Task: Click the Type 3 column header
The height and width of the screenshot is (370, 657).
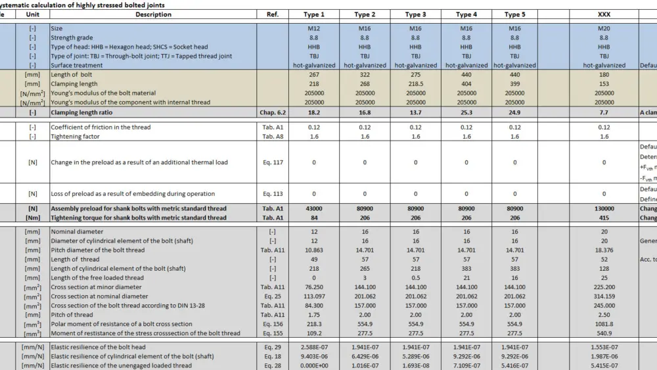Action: coord(415,14)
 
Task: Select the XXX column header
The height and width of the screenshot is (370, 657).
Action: coord(604,14)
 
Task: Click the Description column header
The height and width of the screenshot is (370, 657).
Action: coord(153,14)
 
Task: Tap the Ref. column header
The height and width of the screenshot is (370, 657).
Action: coord(273,14)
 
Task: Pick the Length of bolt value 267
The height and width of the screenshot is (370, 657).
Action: coord(314,75)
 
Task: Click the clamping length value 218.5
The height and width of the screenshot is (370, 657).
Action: coord(415,84)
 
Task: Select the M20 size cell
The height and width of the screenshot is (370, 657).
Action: coord(604,29)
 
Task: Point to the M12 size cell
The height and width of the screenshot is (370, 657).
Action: coord(314,29)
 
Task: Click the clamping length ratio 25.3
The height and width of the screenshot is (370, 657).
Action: coord(466,113)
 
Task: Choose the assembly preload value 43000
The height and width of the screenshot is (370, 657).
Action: coord(314,209)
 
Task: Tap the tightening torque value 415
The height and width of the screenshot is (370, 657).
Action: coord(604,218)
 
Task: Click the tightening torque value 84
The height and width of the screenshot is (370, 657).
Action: coord(314,218)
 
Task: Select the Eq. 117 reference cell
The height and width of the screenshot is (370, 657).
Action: coord(273,162)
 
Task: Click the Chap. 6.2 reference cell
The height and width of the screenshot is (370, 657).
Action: coord(273,113)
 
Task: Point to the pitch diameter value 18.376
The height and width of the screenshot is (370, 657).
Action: coord(604,250)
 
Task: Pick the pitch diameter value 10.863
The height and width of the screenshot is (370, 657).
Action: coord(314,250)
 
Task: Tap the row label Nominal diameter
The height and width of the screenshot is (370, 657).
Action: coord(77,232)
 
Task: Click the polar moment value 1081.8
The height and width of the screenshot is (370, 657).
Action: coord(604,324)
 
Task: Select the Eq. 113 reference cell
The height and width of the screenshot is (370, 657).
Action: coord(273,194)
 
